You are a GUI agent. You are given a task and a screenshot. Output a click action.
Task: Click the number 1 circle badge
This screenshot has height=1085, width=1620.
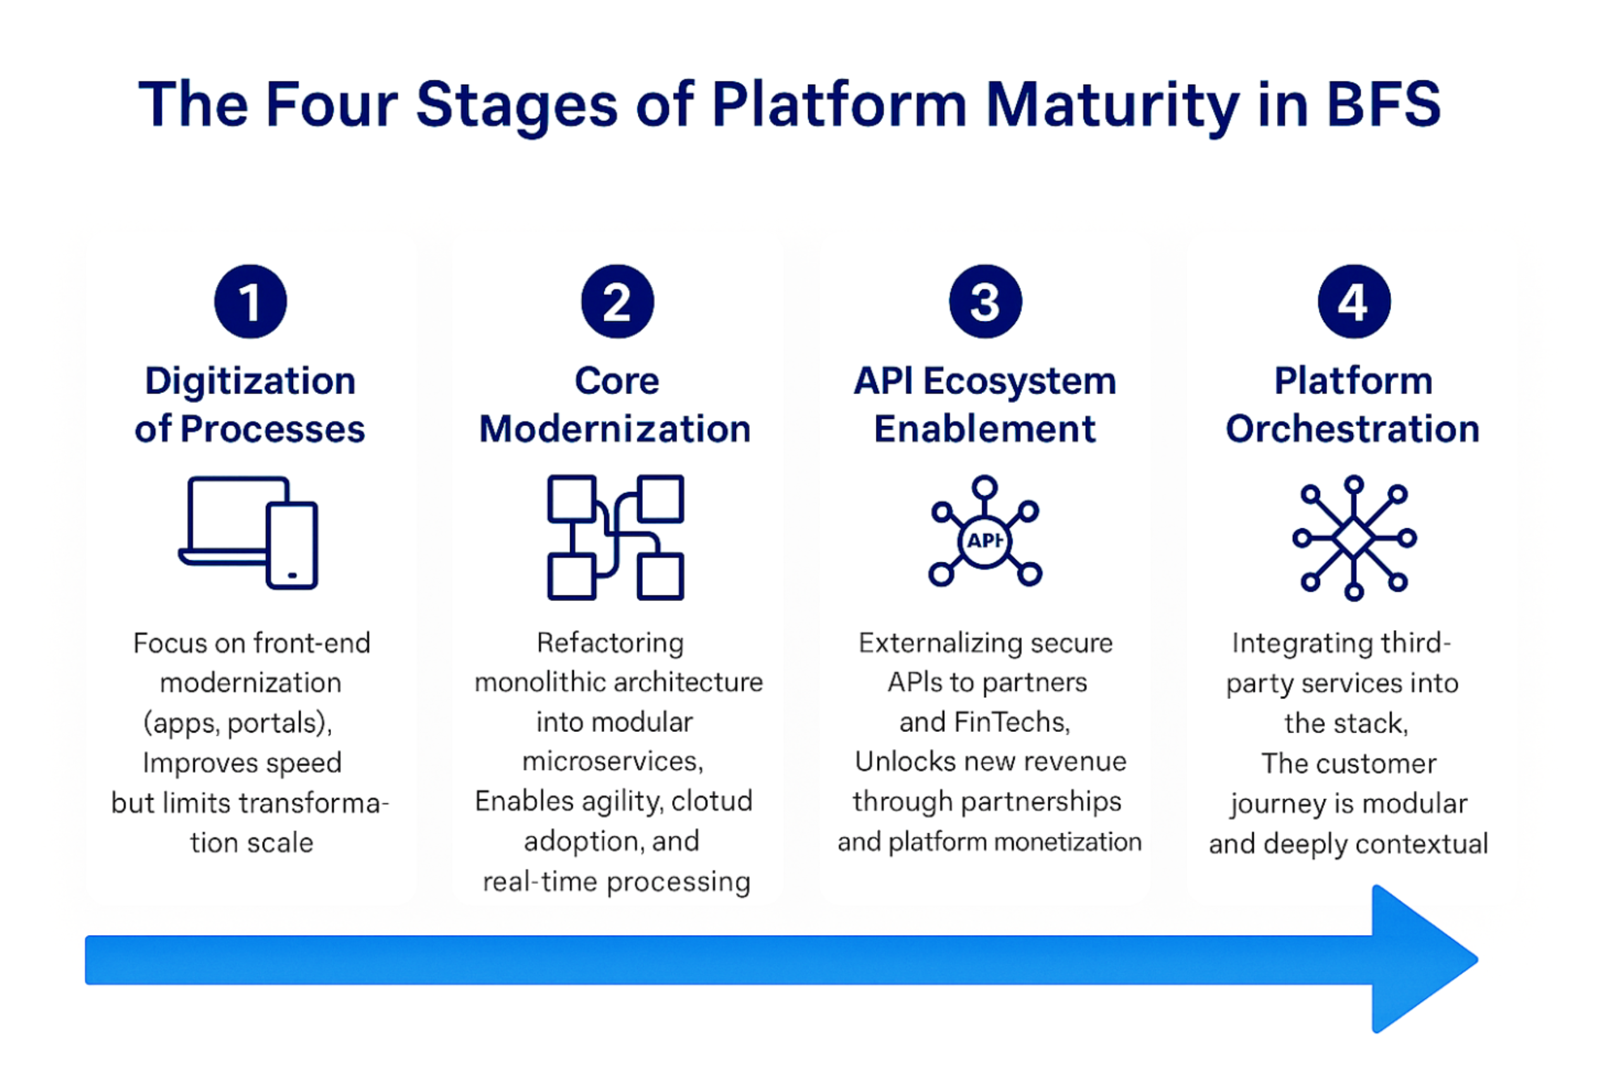[251, 302]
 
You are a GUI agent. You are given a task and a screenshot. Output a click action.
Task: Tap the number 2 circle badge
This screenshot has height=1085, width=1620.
[617, 302]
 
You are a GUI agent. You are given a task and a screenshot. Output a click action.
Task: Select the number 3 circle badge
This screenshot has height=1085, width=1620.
[985, 302]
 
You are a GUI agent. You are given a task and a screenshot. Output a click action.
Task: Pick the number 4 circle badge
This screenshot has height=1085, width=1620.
[1354, 302]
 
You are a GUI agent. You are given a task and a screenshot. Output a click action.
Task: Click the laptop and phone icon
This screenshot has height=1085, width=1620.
[249, 532]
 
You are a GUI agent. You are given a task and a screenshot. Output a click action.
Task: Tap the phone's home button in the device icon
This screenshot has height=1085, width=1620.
[292, 575]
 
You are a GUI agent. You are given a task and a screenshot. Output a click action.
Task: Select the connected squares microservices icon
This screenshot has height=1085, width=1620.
[615, 537]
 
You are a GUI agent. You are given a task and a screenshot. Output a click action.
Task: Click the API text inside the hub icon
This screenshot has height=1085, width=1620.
[984, 540]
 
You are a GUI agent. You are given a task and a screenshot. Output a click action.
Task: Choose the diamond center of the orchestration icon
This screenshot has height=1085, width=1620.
[1354, 538]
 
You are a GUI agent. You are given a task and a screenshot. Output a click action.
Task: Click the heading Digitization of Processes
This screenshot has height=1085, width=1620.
[250, 405]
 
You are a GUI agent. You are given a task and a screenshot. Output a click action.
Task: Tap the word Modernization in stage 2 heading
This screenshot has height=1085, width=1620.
[615, 429]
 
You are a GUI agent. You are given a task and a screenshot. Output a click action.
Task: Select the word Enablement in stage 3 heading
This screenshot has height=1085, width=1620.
[985, 429]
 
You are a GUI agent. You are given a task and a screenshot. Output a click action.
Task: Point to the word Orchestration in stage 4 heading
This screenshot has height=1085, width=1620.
[1352, 429]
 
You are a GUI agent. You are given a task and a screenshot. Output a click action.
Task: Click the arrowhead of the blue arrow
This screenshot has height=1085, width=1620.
[1419, 959]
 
